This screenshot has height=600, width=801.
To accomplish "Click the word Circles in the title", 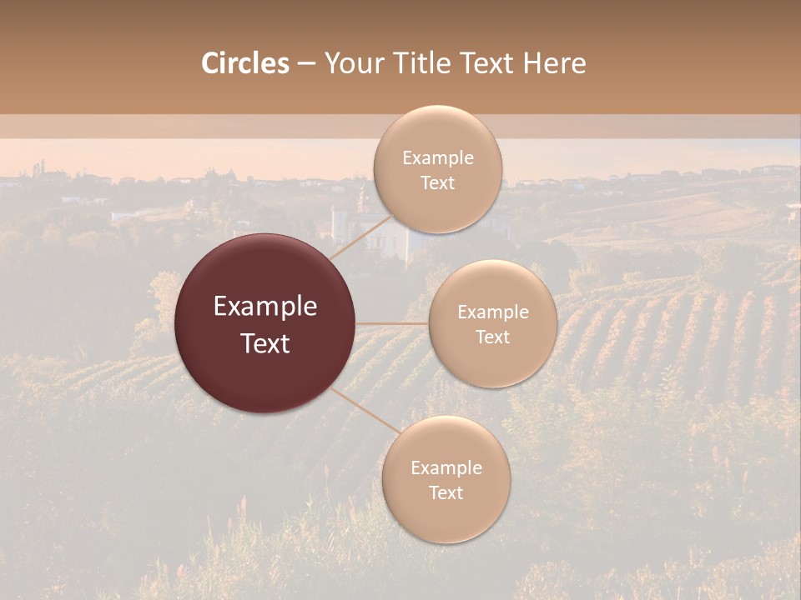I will coord(244,63).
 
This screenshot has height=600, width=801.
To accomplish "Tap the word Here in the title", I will coord(554,63).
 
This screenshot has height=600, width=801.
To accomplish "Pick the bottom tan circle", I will coord(446,517).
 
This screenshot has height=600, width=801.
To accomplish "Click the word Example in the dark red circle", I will coord(265,307).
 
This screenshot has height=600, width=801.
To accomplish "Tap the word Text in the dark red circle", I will coord(265,343).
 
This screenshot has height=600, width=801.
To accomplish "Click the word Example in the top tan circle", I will coord(437,158).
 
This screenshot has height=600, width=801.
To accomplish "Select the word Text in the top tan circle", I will coord(437,182).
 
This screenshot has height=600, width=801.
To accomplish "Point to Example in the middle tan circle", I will coord(492,312).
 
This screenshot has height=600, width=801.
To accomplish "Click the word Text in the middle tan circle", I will coord(492,337).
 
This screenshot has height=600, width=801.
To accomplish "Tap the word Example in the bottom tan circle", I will coord(446,468).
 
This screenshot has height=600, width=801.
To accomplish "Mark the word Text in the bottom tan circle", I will coord(446,492).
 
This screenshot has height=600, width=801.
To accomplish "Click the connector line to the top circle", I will coord(361,237).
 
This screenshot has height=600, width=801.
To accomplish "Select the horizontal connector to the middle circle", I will coord(391,323).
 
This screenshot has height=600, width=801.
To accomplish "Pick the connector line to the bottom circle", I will coord(365,411).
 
